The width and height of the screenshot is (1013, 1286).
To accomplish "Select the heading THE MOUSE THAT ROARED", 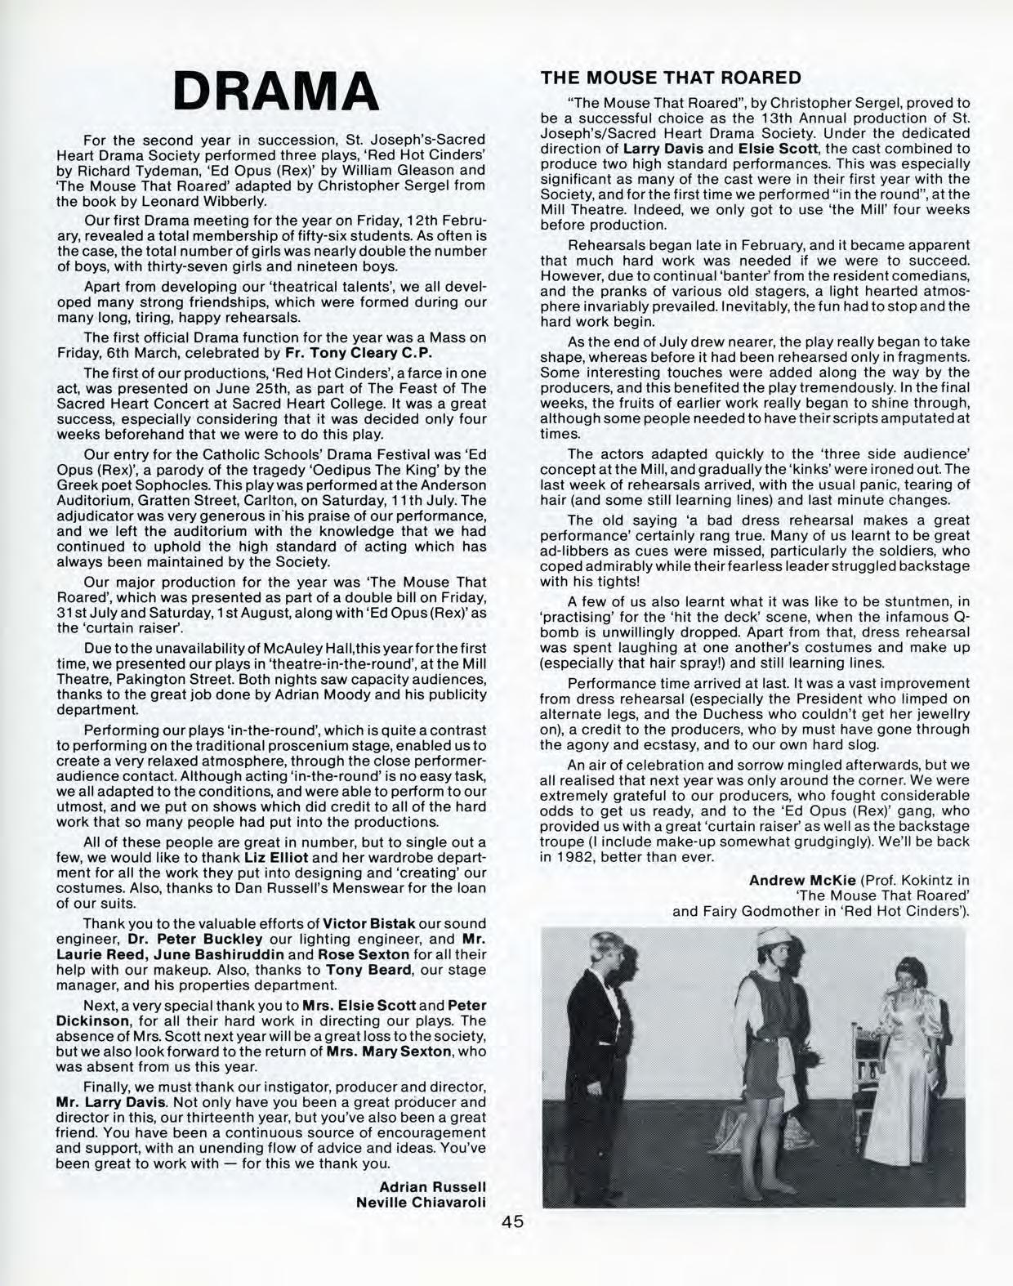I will [x=671, y=78].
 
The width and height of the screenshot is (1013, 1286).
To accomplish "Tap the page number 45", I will [x=513, y=1222].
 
